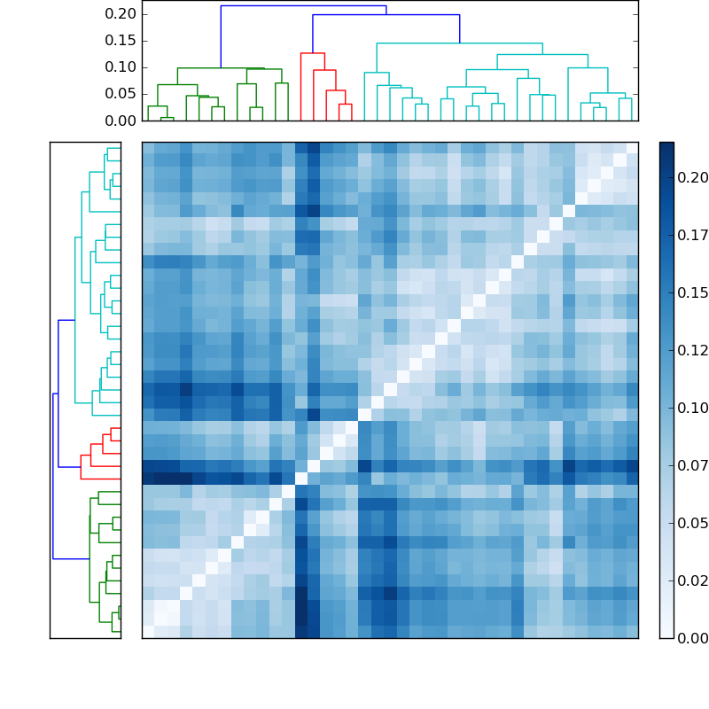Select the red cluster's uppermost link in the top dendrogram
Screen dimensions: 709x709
pos(312,53)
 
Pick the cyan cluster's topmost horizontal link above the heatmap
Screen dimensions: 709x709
pos(459,43)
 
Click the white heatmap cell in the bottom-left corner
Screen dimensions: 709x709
pos(148,632)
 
